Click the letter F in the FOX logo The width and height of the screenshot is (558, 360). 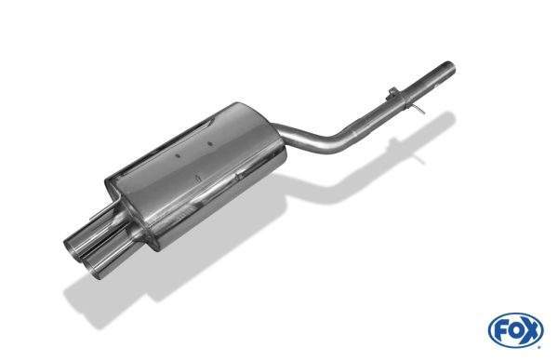pos(502,331)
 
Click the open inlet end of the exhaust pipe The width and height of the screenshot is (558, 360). pos(450,68)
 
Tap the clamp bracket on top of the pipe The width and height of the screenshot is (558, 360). pos(392,92)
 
